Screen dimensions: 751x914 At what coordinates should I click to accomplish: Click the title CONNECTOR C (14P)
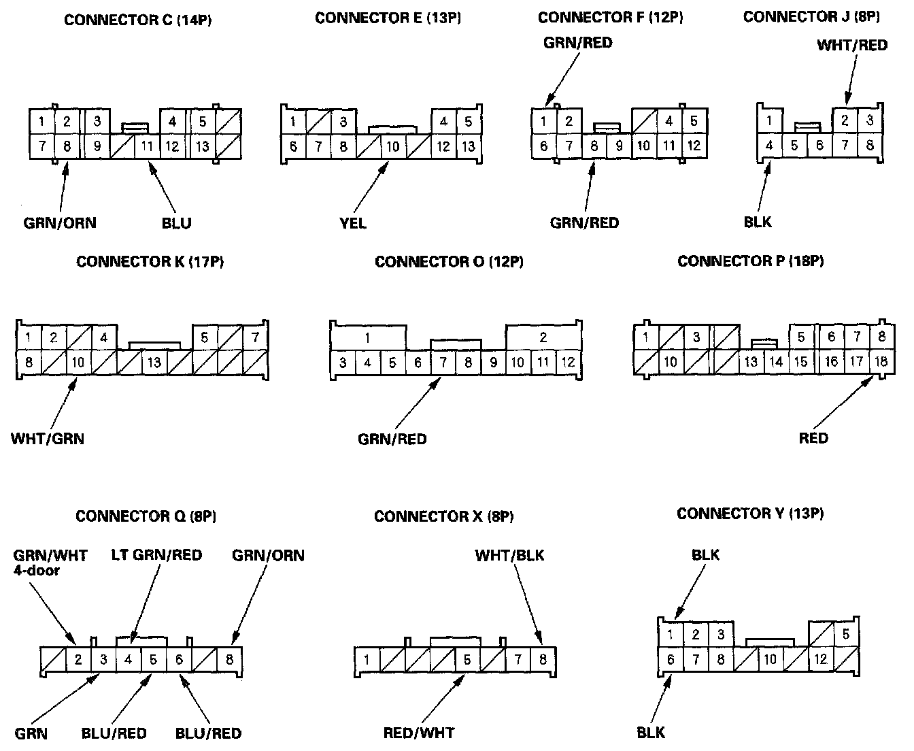click(138, 20)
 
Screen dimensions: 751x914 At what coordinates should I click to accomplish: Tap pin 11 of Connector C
click(147, 146)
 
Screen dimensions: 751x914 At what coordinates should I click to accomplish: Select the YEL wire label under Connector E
click(353, 223)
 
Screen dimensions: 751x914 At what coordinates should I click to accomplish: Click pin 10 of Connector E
click(393, 147)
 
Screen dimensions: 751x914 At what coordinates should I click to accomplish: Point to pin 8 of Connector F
click(594, 146)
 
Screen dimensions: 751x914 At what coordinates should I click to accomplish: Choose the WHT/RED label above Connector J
click(852, 46)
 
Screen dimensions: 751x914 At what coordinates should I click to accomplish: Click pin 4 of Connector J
click(769, 146)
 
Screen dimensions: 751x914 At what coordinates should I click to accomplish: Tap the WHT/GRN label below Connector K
click(48, 439)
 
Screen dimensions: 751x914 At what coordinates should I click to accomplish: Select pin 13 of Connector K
click(154, 362)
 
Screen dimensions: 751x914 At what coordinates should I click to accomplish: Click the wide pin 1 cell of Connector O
click(368, 337)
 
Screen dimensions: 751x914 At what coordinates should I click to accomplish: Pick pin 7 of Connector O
click(443, 363)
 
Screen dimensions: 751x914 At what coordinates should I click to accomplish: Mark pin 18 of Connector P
click(881, 361)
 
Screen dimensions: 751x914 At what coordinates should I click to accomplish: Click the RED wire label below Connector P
click(813, 439)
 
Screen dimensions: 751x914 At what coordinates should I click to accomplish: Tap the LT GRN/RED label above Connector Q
click(156, 555)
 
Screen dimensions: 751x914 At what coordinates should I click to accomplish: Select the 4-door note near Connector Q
click(37, 570)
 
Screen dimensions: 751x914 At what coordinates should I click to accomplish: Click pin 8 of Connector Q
click(230, 659)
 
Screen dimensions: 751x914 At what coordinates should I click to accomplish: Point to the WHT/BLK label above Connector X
click(509, 556)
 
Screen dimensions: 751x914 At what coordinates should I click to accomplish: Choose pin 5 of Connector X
click(467, 659)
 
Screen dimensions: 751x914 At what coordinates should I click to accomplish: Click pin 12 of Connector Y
click(821, 659)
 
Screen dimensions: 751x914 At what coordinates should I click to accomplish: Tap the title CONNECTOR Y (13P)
click(750, 514)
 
